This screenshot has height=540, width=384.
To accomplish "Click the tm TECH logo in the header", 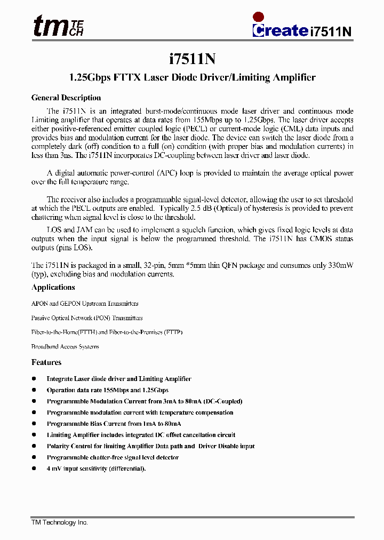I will [58, 26].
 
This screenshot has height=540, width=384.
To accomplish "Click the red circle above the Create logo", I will [259, 17].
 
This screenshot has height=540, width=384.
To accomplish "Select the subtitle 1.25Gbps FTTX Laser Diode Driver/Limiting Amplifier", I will [193, 78].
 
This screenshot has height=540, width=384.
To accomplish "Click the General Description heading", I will [66, 98].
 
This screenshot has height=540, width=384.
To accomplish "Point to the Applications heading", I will [53, 288].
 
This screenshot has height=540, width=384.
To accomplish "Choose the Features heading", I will [46, 363].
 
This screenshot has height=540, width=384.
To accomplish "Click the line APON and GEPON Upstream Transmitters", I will [85, 304].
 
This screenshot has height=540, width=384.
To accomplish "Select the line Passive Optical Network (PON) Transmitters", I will [87, 318].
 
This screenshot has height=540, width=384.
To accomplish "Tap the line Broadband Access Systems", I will [65, 347].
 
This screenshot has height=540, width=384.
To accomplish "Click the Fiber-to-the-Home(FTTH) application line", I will [107, 332].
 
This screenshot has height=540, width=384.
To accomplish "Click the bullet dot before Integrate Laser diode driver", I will [34, 379].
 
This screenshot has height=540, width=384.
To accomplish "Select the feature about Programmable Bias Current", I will [114, 424].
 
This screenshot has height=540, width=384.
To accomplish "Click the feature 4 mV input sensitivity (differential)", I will [96, 468].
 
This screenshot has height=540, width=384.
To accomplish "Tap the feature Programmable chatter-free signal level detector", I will [113, 457].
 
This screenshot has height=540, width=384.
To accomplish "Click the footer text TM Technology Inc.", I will [59, 523].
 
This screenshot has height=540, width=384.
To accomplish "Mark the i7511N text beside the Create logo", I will [331, 31].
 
